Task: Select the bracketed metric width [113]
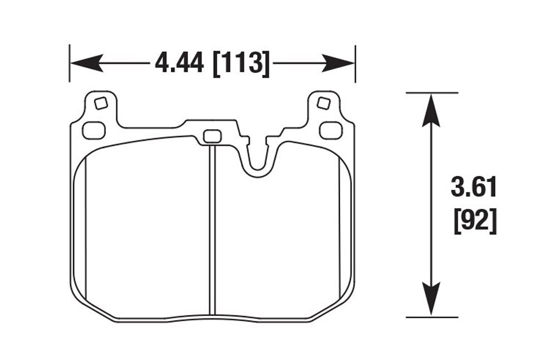[242, 63]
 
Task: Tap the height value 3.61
[473, 188]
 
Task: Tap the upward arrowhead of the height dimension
[431, 109]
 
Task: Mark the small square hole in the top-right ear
[322, 103]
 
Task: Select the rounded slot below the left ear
[94, 130]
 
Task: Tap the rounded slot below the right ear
[330, 130]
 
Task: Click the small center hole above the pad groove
[212, 136]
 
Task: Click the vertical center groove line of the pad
[212, 234]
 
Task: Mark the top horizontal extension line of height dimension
[431, 92]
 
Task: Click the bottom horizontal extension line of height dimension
[431, 317]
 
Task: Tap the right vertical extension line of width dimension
[355, 63]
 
